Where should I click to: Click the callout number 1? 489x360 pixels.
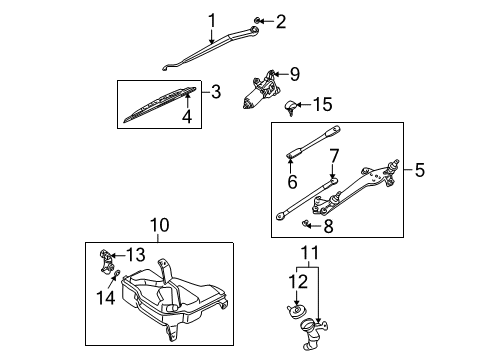(212, 21)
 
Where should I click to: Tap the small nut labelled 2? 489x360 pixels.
(257, 21)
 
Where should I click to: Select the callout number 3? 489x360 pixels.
(216, 92)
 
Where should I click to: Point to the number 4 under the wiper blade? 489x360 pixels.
(187, 116)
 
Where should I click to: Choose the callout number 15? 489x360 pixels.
(323, 104)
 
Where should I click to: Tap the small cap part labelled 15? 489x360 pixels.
(289, 107)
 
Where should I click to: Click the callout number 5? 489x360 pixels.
(420, 170)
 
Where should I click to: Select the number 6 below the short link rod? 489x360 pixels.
(292, 182)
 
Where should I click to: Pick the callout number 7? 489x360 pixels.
(334, 156)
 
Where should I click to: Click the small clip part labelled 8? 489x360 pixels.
(304, 223)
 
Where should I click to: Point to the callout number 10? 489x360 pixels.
(160, 225)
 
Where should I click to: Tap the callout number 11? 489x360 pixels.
(310, 253)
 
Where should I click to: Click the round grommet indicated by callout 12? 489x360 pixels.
(295, 312)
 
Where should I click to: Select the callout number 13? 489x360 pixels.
(135, 255)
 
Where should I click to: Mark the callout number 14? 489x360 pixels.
(106, 297)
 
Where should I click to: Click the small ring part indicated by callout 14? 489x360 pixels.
(117, 273)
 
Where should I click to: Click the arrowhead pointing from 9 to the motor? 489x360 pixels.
(276, 74)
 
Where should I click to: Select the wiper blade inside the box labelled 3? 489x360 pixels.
(160, 104)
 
